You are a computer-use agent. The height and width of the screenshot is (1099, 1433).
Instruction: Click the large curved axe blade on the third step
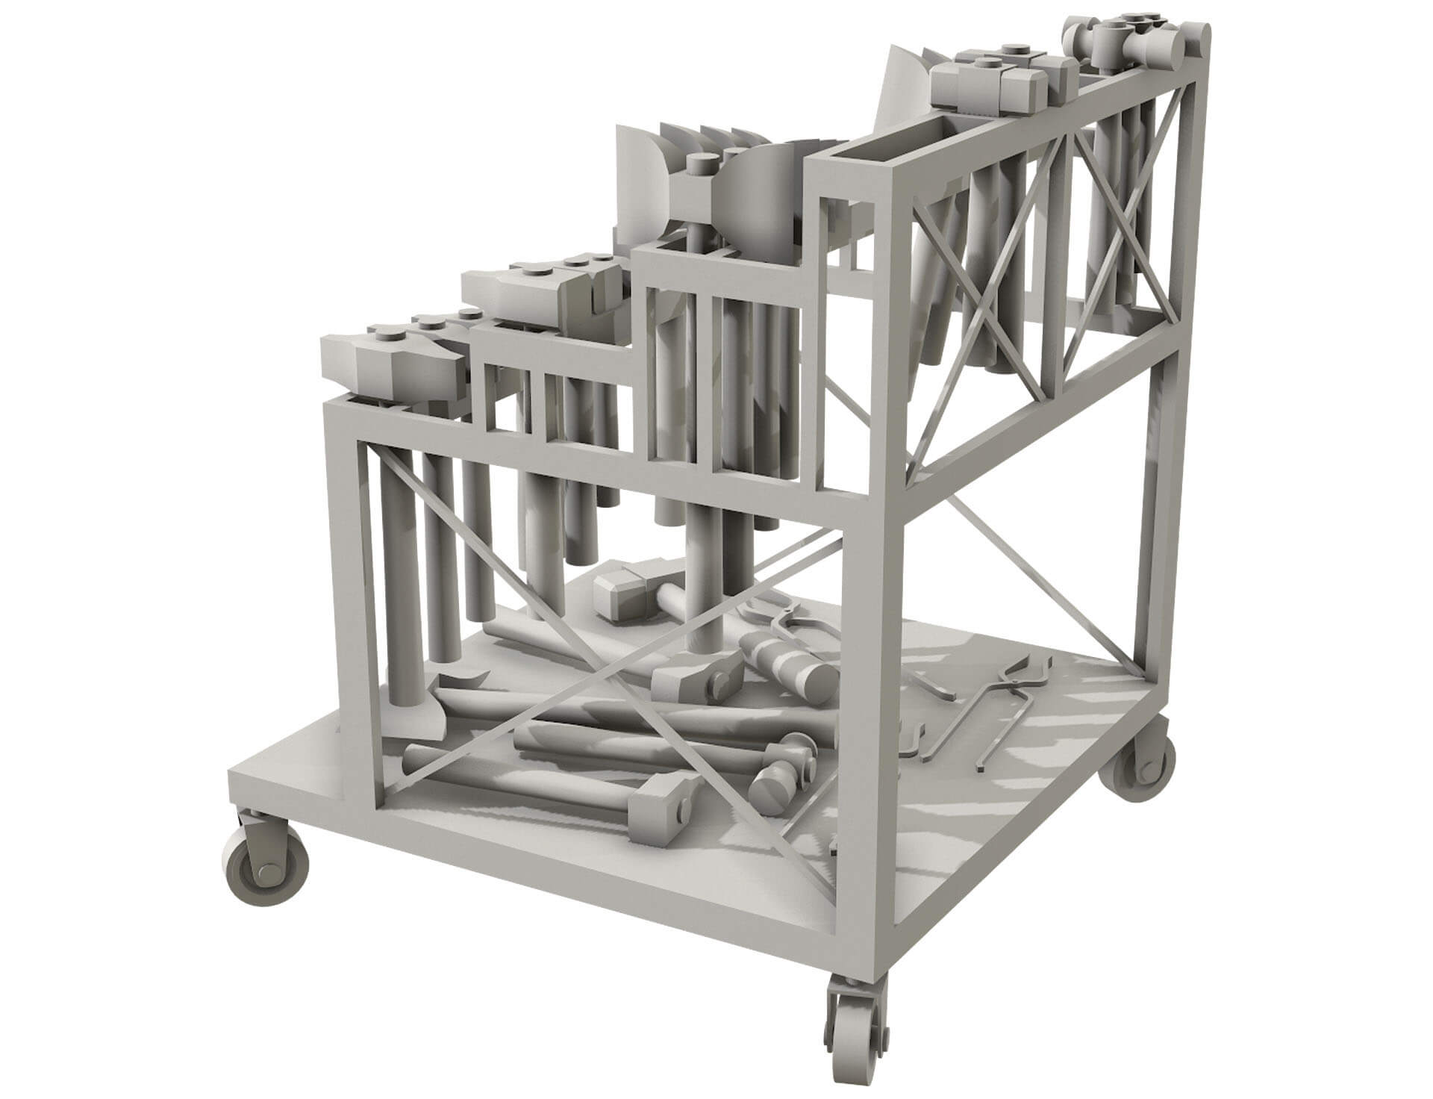pyautogui.click(x=754, y=214)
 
